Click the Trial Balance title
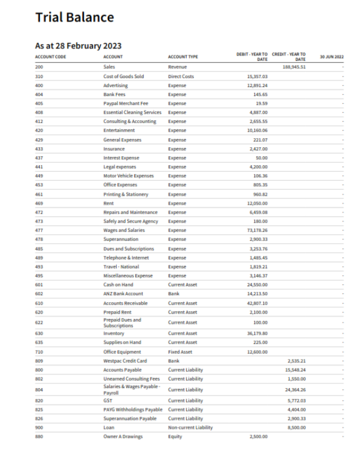[x=75, y=18]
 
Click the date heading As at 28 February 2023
[x=78, y=45]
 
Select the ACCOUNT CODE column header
[x=51, y=57]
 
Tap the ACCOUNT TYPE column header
[x=183, y=57]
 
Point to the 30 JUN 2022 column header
[x=331, y=57]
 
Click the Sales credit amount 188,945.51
[x=294, y=67]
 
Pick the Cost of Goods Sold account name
[x=123, y=76]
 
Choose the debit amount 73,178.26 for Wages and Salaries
[x=257, y=230]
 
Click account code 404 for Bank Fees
[x=39, y=94]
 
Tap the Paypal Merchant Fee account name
[x=126, y=103]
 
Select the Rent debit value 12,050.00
[x=258, y=203]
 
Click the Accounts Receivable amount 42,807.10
[x=257, y=303]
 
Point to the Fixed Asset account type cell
[x=181, y=352]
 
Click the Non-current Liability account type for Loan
[x=190, y=428]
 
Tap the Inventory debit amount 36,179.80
[x=257, y=333]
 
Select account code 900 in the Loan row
[x=39, y=428]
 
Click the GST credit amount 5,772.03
[x=296, y=401]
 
